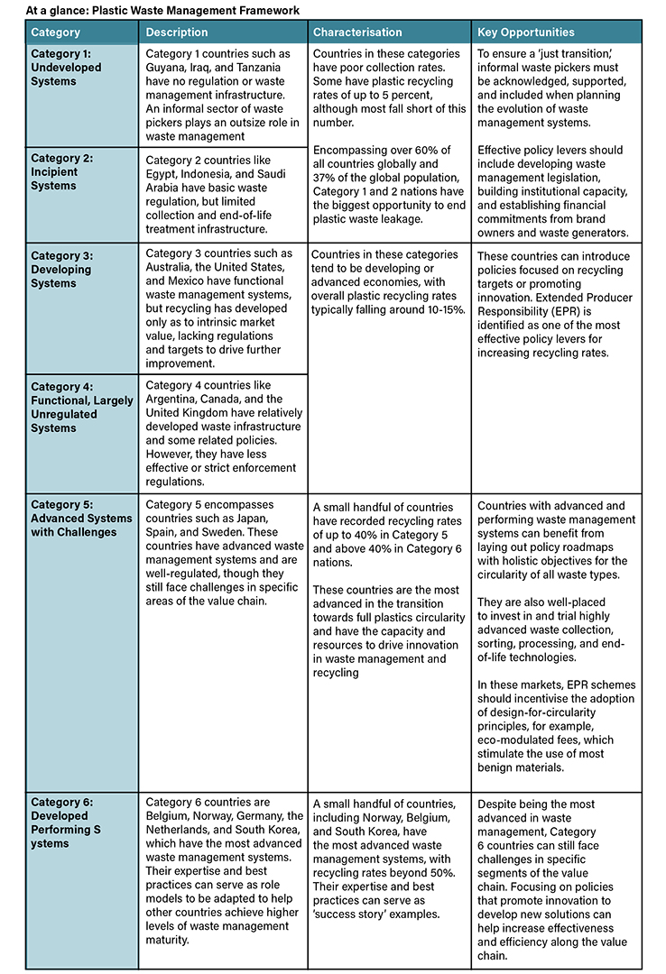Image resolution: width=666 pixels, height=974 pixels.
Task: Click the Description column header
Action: point(177,32)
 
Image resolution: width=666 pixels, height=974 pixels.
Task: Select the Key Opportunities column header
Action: point(526,32)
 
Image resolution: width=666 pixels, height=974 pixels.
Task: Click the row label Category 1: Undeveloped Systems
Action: point(67,68)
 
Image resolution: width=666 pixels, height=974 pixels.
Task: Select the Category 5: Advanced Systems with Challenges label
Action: point(80,518)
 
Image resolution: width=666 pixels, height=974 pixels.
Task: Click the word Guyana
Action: point(164,68)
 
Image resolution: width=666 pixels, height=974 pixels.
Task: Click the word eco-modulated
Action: point(522,740)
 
